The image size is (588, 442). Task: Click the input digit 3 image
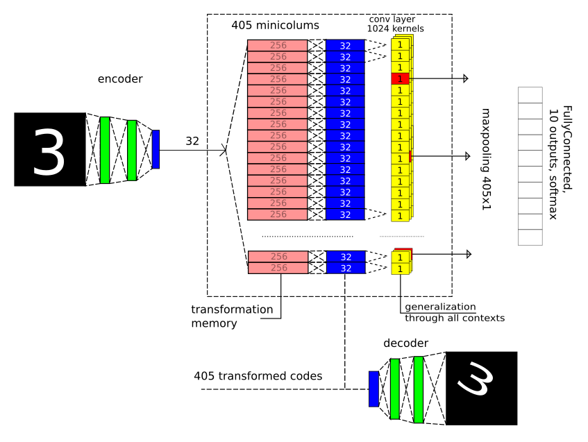(x=49, y=150)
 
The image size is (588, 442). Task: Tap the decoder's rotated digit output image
(x=481, y=388)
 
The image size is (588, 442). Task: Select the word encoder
(x=120, y=79)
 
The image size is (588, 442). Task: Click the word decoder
(x=405, y=343)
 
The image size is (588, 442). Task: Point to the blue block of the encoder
(x=156, y=149)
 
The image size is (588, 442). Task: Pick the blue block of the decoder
(x=373, y=389)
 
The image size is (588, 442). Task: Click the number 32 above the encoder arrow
(x=192, y=141)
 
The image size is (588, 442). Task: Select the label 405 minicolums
(x=275, y=26)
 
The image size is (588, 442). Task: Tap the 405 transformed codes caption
(x=258, y=377)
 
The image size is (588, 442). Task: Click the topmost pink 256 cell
(x=277, y=45)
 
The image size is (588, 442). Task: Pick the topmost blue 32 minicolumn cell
(x=345, y=45)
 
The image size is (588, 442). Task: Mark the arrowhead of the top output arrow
(x=466, y=79)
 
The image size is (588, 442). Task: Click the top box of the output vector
(x=530, y=95)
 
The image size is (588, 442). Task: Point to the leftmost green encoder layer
(x=105, y=150)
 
